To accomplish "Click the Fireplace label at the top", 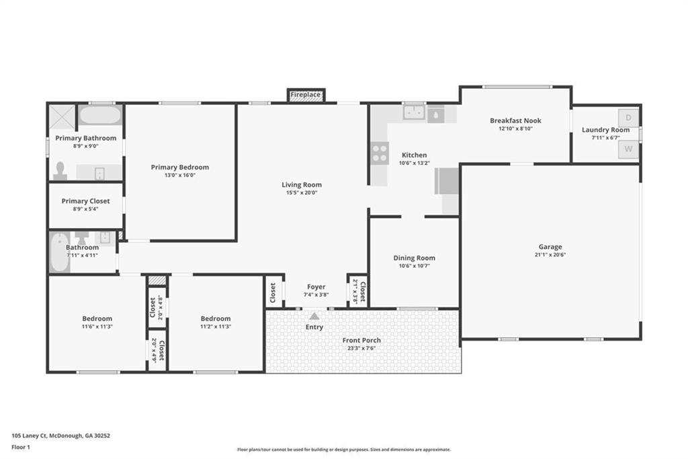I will point(306,95).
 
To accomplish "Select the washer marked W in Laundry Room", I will point(628,149).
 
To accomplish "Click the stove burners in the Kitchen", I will point(380,154).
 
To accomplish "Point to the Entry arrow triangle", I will point(314,316).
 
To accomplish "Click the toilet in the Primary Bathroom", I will point(60,170).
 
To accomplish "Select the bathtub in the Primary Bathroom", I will point(100,115).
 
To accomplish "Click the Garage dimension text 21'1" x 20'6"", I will point(550,255).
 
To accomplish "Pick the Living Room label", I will point(301,184).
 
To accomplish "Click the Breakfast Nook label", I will point(515,120).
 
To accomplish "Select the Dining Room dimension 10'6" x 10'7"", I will point(414,266).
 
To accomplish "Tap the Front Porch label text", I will point(362,340).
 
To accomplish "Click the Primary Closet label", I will point(85,201).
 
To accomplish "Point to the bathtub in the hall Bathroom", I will point(60,252).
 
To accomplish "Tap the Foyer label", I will point(316,287).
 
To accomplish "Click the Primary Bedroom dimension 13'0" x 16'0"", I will point(179,175).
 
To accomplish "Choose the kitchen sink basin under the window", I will point(413,113).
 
